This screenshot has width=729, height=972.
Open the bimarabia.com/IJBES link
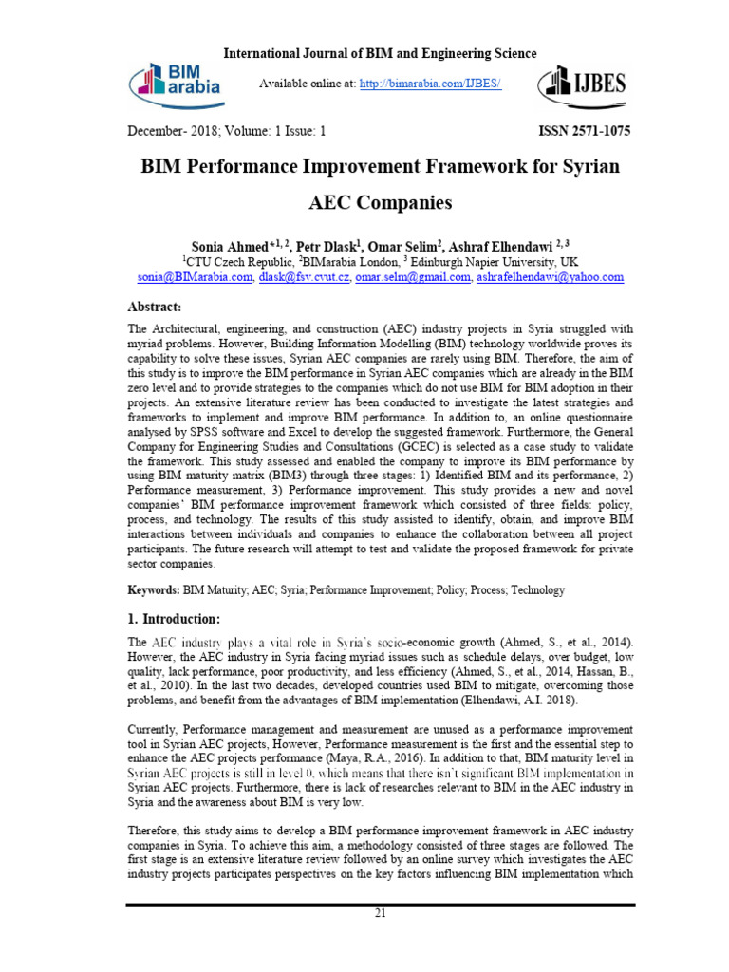(430, 84)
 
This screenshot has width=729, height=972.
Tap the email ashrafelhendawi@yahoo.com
(551, 277)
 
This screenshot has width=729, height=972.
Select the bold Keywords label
(154, 589)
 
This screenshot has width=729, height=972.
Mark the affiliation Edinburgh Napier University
(493, 261)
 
